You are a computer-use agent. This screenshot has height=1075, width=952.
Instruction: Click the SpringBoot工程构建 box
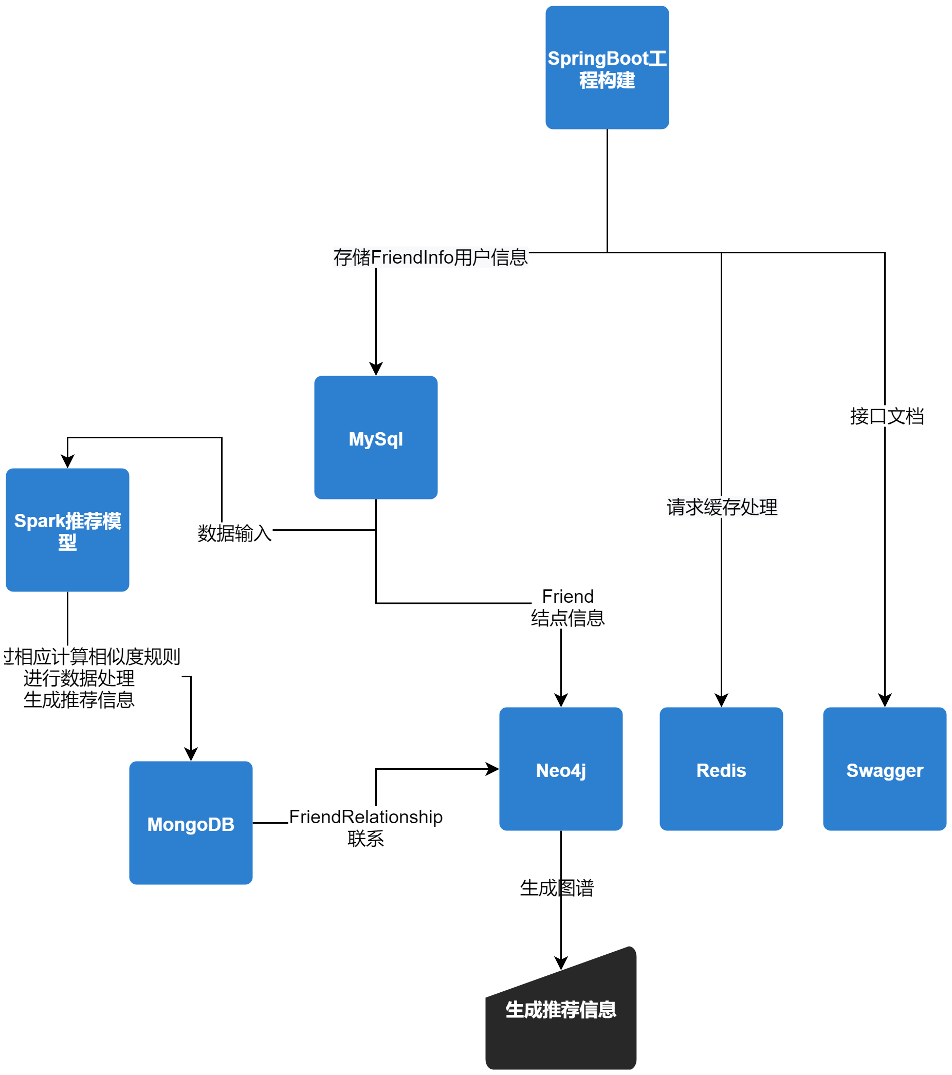pyautogui.click(x=607, y=67)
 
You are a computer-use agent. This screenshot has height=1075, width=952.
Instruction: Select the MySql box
pyautogui.click(x=376, y=438)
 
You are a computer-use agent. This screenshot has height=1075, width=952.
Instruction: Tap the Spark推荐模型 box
pyautogui.click(x=67, y=530)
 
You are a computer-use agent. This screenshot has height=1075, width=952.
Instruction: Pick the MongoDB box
pyautogui.click(x=190, y=823)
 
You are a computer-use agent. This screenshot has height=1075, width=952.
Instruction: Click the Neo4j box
pyautogui.click(x=561, y=769)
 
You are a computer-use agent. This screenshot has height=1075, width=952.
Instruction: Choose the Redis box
pyautogui.click(x=721, y=769)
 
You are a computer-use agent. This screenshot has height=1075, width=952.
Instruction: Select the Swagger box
pyautogui.click(x=885, y=769)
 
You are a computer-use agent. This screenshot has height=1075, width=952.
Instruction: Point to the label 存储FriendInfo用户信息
pyautogui.click(x=430, y=257)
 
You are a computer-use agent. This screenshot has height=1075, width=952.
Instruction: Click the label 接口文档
pyautogui.click(x=887, y=416)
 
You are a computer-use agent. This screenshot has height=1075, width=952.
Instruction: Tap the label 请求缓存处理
pyautogui.click(x=722, y=507)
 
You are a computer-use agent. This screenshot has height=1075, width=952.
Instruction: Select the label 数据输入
pyautogui.click(x=234, y=533)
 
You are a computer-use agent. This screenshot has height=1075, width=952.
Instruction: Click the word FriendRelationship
pyautogui.click(x=365, y=817)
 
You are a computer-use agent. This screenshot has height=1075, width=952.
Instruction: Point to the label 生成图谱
pyautogui.click(x=557, y=888)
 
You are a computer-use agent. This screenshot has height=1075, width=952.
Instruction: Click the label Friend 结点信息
pyautogui.click(x=567, y=607)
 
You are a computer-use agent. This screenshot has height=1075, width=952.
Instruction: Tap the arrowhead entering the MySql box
pyautogui.click(x=376, y=369)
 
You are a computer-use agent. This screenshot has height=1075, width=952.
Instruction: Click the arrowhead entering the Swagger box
pyautogui.click(x=885, y=700)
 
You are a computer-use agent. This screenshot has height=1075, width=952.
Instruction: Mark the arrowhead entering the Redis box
pyautogui.click(x=721, y=700)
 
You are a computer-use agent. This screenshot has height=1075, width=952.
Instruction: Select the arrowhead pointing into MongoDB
pyautogui.click(x=190, y=754)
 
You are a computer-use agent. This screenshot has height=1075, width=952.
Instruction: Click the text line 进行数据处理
pyautogui.click(x=79, y=678)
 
